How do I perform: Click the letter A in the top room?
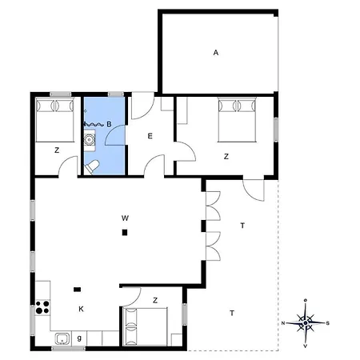tap(216, 53)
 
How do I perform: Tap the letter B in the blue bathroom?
tap(109, 124)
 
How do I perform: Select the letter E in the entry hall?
tap(150, 137)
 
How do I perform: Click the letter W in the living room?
tap(125, 218)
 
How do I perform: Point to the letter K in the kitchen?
tap(81, 308)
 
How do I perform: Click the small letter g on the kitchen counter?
tap(78, 338)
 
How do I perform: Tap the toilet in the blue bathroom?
tap(94, 166)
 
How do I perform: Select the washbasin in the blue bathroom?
tap(90, 141)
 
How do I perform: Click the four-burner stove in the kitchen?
tap(42, 308)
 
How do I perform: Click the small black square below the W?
tap(125, 233)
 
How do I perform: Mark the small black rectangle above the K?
tap(77, 290)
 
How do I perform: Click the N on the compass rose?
tap(285, 322)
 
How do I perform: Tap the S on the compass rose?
tap(326, 322)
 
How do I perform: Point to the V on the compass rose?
tap(306, 346)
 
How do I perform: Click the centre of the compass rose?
tap(306, 323)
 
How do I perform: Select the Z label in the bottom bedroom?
tap(155, 301)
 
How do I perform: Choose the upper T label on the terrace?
tap(242, 226)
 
